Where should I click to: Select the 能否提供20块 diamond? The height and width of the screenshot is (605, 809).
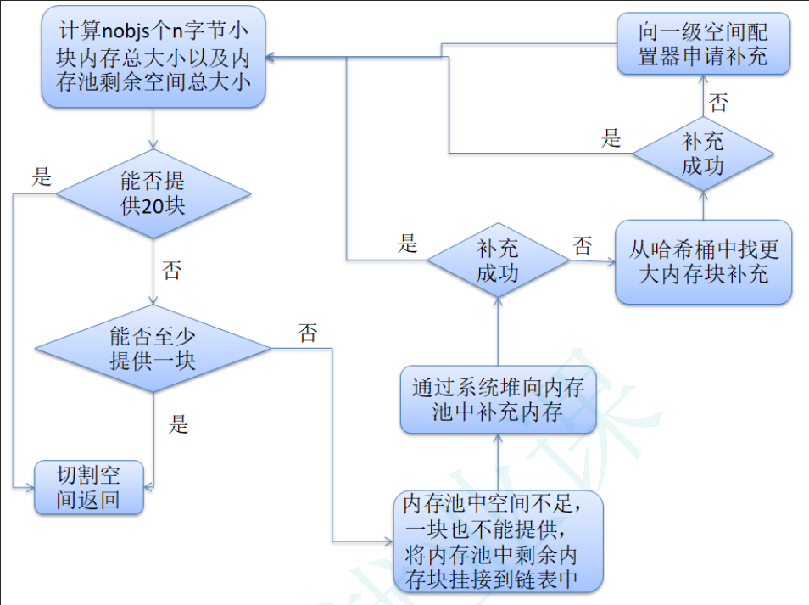(153, 193)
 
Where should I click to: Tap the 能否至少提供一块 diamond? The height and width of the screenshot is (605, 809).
(153, 348)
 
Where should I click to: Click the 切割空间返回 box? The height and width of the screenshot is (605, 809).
(88, 487)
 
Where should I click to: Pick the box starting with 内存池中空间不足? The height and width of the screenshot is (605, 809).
(498, 541)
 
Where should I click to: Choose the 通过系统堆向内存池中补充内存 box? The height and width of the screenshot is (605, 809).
(498, 399)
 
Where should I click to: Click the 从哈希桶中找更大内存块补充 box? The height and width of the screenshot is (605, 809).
(703, 261)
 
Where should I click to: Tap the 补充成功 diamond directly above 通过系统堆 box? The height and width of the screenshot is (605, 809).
(498, 260)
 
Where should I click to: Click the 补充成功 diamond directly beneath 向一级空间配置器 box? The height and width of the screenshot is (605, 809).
(703, 154)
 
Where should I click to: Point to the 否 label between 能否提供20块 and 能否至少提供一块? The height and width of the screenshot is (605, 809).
(171, 272)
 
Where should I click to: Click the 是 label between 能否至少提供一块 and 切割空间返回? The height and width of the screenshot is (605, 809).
(178, 424)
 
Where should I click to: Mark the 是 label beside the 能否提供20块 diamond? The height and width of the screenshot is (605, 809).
(42, 177)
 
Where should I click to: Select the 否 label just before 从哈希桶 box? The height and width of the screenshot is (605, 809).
(583, 247)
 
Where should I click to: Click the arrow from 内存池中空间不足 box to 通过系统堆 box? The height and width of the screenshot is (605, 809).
(498, 462)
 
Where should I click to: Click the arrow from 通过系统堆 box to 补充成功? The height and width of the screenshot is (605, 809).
(498, 331)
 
